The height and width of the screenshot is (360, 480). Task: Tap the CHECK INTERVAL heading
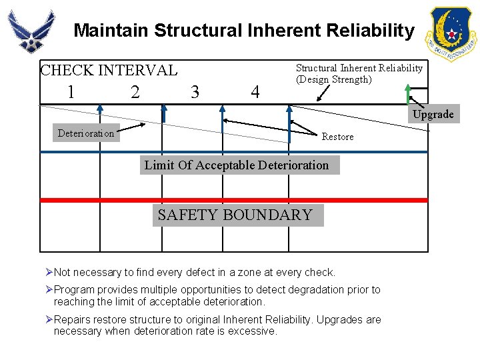[109, 70]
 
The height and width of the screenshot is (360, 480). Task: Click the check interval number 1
[71, 92]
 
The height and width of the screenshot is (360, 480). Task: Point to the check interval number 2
[135, 92]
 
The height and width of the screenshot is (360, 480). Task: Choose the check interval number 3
[195, 92]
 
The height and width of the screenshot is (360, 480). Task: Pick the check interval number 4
[255, 92]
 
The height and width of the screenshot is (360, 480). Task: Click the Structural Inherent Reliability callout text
[359, 73]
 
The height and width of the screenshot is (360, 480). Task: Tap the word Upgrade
[433, 114]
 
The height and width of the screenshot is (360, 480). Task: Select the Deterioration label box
[86, 133]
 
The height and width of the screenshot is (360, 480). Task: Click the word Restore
[337, 137]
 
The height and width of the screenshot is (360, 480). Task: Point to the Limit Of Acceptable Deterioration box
[237, 165]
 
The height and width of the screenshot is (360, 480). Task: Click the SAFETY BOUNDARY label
[235, 215]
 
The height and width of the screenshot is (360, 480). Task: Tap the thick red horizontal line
[100, 200]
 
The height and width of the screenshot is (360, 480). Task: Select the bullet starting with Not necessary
[193, 272]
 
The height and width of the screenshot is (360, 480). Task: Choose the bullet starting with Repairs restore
[217, 325]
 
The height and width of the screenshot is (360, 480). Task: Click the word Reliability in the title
[367, 31]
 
